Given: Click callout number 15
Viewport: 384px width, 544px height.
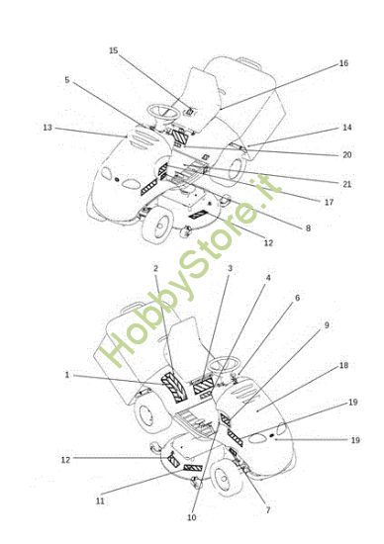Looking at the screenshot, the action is pyautogui.click(x=113, y=50).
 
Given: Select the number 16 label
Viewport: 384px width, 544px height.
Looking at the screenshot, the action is pyautogui.click(x=343, y=63).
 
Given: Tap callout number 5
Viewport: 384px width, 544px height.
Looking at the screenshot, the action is pyautogui.click(x=67, y=80).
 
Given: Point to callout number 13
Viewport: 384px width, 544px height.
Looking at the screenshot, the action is pyautogui.click(x=48, y=128).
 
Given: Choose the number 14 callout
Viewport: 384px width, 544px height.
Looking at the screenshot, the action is pyautogui.click(x=346, y=128).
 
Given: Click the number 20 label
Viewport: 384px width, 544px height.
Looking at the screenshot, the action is pyautogui.click(x=346, y=154).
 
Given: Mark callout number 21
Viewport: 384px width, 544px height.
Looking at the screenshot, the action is pyautogui.click(x=346, y=184).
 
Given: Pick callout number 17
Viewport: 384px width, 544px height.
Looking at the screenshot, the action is pyautogui.click(x=329, y=202).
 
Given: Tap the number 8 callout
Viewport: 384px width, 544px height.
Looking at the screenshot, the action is pyautogui.click(x=308, y=227).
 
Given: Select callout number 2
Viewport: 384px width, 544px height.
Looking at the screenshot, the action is pyautogui.click(x=155, y=268).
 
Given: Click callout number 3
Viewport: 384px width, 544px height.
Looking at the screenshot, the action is pyautogui.click(x=230, y=268).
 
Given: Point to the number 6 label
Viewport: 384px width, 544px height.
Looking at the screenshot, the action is pyautogui.click(x=297, y=298).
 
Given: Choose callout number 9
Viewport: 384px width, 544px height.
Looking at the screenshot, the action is pyautogui.click(x=327, y=325).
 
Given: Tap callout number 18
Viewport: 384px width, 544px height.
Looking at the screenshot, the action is pyautogui.click(x=343, y=365).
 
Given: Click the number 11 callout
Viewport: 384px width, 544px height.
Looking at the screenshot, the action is pyautogui.click(x=100, y=501).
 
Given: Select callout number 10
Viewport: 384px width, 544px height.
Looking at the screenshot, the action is pyautogui.click(x=192, y=517).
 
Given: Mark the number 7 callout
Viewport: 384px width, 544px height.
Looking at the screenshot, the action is pyautogui.click(x=267, y=510).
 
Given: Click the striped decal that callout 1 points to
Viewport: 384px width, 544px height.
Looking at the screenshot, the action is pyautogui.click(x=174, y=387).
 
